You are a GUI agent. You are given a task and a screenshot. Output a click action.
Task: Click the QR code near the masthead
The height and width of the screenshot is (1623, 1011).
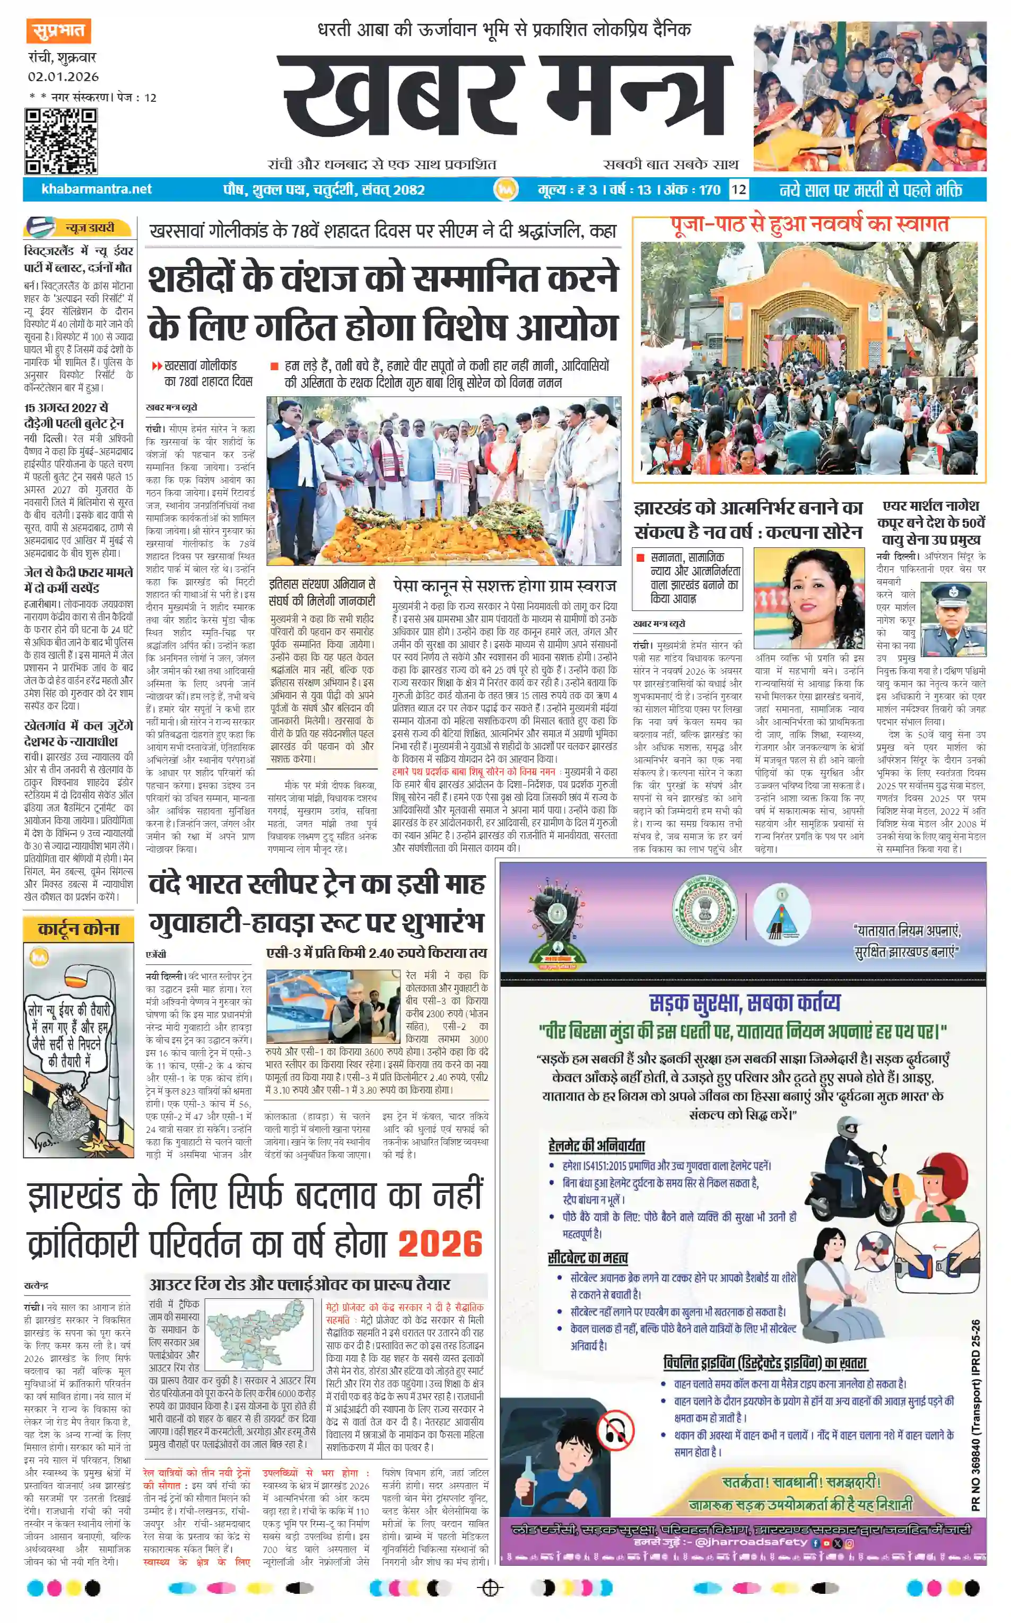61,141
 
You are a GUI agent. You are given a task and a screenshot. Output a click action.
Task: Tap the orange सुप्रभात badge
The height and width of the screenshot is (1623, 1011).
59,31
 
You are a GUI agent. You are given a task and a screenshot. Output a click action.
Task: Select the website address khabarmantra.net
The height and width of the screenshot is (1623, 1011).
97,189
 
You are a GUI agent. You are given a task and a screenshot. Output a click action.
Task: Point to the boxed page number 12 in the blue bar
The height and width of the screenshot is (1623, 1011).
738,189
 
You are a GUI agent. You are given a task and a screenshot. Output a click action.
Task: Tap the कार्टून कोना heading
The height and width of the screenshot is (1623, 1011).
78,929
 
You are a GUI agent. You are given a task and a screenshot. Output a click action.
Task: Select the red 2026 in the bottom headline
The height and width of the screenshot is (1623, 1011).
440,1243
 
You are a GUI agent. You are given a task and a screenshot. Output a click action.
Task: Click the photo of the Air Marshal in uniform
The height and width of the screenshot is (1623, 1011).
953,619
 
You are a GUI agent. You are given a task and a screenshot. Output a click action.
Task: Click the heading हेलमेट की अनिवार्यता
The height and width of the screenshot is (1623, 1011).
596,1146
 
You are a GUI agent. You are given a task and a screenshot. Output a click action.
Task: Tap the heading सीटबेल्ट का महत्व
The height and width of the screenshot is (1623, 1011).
587,1258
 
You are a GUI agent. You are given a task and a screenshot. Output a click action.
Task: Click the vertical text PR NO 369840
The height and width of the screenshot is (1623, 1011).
975,1415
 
